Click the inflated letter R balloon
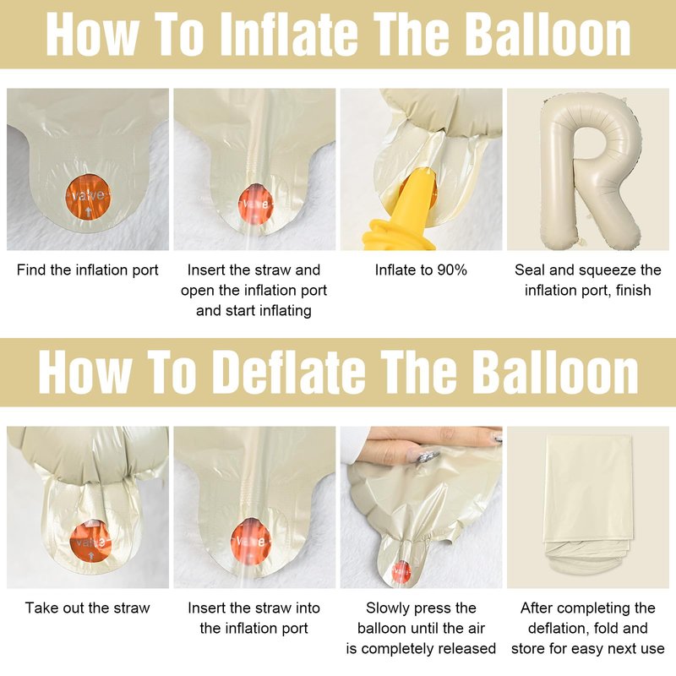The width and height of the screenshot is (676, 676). point(590,173)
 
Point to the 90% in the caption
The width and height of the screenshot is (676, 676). point(452,270)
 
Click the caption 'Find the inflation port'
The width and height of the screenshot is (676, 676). point(88,270)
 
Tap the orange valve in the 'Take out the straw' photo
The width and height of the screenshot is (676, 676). point(90,542)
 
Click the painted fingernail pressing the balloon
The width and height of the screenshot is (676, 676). point(425,455)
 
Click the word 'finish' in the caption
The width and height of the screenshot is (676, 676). point(633,291)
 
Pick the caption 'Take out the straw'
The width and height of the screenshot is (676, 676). point(88,608)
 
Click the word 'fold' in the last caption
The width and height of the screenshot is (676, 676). point(604,628)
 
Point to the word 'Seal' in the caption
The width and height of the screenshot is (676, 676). point(531,270)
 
